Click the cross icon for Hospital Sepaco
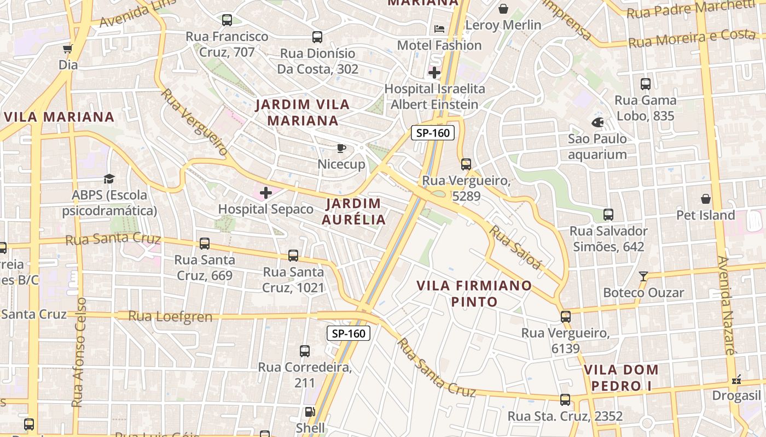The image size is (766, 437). pos(266,193)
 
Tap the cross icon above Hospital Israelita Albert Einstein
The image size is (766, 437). pos(434,72)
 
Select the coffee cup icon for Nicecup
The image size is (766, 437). pos(341,148)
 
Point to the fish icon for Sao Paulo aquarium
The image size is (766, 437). pos(597,122)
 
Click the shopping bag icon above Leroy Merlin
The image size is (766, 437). pos(503,9)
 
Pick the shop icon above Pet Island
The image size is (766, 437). pos(706,199)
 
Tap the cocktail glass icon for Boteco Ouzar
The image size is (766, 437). pos(643,276)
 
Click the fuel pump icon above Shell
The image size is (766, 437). pos(310,412)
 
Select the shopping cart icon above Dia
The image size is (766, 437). pos(68,49)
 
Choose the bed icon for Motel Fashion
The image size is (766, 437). pos(439,28)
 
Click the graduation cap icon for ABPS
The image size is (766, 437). pos(109,179)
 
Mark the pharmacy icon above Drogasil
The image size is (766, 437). pos(736,379)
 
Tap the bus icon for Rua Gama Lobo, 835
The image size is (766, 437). pos(646,84)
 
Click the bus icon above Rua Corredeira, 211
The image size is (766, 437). pos(305,351)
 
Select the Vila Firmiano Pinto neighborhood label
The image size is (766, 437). pos(474,293)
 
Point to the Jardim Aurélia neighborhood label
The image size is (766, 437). pos(353,211)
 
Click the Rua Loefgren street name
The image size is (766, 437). pos(170,316)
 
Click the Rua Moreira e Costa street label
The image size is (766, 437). pos(692,38)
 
